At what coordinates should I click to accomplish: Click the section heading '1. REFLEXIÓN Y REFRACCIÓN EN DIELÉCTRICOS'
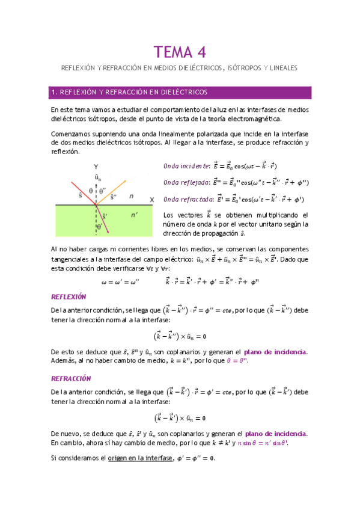click(x=129, y=92)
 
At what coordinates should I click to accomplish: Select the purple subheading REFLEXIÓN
click(x=69, y=296)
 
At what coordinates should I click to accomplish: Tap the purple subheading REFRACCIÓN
click(x=71, y=378)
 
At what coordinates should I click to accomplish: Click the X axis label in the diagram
click(x=152, y=199)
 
